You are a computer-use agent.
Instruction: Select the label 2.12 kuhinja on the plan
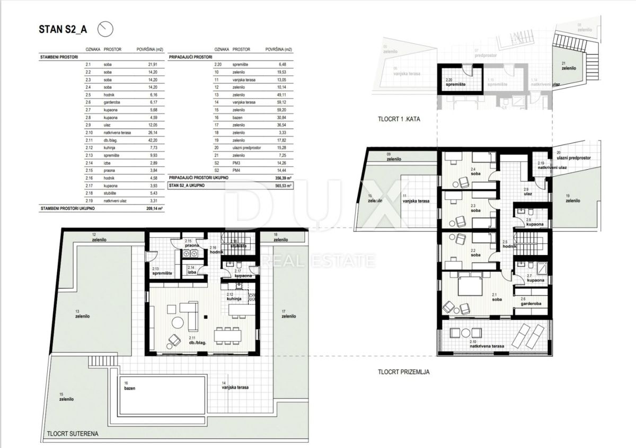click(234, 297)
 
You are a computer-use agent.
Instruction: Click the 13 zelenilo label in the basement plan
click(81, 313)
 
